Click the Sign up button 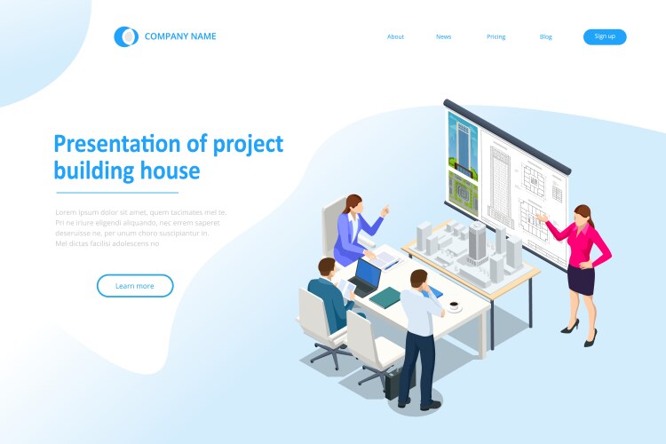(605, 36)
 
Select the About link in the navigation (395, 36)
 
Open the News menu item (444, 36)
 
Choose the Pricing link (496, 36)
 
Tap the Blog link (546, 36)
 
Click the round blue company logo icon (126, 36)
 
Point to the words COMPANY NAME (180, 36)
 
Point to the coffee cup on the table (455, 306)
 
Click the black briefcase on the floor (393, 382)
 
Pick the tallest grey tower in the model (477, 241)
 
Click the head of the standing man (417, 279)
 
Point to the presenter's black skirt (582, 280)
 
